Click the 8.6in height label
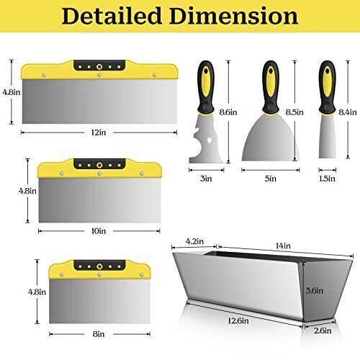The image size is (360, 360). click(x=228, y=112)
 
